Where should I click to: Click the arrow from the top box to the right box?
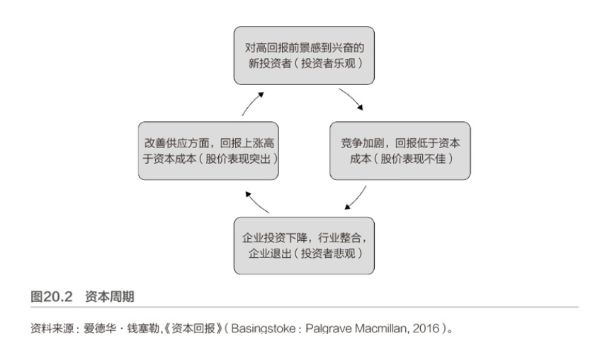click(351, 99)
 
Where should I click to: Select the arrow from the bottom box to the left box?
click(256, 200)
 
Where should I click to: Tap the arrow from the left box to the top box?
click(252, 101)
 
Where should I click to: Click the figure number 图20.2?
click(51, 296)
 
